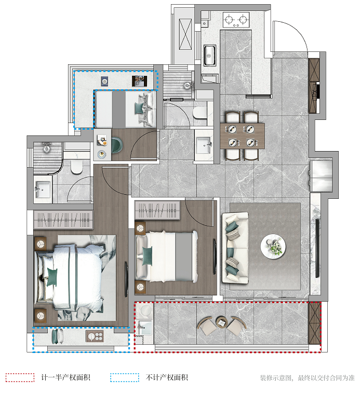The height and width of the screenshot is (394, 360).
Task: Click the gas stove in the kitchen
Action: coord(236,20)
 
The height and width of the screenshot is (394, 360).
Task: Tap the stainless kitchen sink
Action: coord(209,55)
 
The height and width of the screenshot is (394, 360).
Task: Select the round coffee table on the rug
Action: coord(273,246)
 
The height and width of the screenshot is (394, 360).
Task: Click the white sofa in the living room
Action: coord(235,248)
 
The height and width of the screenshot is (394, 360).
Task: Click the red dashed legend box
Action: coord(20,377)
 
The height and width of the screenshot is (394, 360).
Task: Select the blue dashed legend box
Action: coord(125,377)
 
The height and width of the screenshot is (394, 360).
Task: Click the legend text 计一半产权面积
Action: coord(65,377)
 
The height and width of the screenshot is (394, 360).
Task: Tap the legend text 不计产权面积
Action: coord(167,377)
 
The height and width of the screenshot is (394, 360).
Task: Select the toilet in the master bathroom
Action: coord(77,166)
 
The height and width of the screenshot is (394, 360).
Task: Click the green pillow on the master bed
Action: coord(52,277)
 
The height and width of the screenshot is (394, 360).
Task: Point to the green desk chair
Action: coord(117,145)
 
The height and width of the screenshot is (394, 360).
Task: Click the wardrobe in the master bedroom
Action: coord(63,220)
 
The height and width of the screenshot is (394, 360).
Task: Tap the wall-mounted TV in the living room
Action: coord(317,248)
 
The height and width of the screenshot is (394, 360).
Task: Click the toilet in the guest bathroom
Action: coord(199,113)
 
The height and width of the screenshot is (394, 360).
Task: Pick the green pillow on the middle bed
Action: coord(148,256)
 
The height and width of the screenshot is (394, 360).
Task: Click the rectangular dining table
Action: coord(243,135)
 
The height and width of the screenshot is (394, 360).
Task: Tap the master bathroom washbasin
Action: coord(43,188)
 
